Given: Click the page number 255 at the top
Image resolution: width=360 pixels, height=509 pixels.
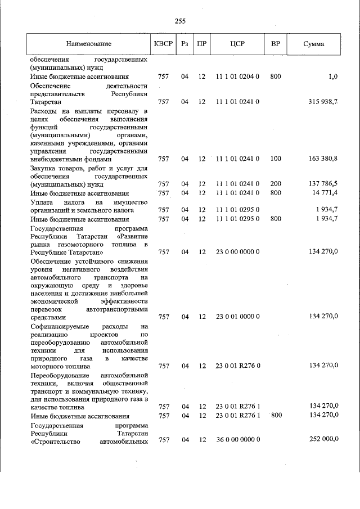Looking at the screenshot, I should pos(180,21).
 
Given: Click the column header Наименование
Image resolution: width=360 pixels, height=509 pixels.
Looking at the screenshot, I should pos(88,44).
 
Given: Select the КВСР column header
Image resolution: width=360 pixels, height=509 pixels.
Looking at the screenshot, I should pos(163,44).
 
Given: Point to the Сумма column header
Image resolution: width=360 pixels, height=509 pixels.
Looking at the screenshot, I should pos(313,44).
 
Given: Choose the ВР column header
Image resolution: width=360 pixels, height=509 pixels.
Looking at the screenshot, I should pos(276,44).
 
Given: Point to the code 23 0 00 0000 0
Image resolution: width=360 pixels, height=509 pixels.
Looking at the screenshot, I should pos(237,251).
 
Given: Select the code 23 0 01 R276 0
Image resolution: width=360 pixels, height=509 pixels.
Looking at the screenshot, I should pos(237,366).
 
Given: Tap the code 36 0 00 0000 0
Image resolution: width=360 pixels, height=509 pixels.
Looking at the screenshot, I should pos(237,439).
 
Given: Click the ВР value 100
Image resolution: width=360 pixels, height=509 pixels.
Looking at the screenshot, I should pos(276,159).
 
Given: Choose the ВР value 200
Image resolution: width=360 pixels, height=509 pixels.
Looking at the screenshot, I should pos(276,184).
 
